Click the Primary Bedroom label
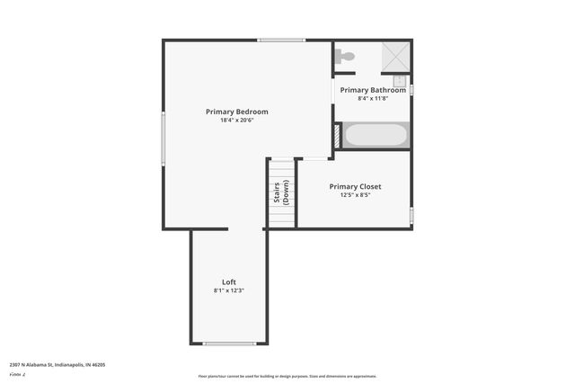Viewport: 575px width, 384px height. [x=236, y=112]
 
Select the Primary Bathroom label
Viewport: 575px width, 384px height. [x=373, y=90]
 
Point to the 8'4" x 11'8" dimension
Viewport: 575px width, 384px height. [x=373, y=98]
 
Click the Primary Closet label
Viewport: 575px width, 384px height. [x=355, y=186]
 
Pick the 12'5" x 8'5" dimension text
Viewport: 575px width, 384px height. [x=355, y=194]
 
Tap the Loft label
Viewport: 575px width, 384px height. [x=229, y=281]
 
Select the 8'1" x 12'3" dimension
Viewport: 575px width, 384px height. [x=229, y=290]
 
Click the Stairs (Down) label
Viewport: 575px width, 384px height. [x=282, y=193]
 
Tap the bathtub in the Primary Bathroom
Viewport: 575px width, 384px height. [x=376, y=136]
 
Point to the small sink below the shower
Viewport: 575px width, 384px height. [x=400, y=80]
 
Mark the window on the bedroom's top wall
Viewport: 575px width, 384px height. [x=280, y=40]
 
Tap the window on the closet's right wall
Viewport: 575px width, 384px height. [x=411, y=215]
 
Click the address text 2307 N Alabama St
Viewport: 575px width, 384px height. [x=57, y=364]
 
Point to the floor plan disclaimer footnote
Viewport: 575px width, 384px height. [x=287, y=376]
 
